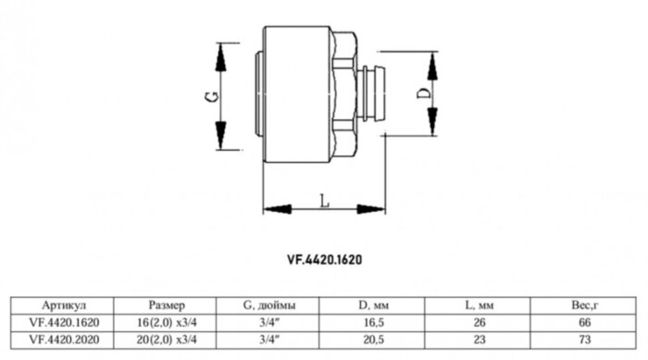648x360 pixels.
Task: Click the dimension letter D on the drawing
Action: point(421,94)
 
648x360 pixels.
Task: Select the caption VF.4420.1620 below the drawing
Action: point(323,260)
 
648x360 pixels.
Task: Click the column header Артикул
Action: point(65,304)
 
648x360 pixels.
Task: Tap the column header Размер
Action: point(167,304)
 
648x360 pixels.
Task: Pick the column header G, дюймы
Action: point(269,304)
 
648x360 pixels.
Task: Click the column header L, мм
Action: point(479,304)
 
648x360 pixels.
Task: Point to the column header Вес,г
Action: point(583,304)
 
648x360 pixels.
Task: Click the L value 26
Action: point(479,322)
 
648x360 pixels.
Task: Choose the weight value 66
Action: point(583,322)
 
